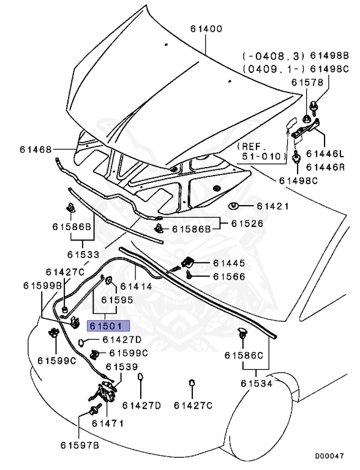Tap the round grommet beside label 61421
234,206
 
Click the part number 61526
250,223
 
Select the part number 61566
230,277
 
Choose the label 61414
136,286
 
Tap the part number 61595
117,300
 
